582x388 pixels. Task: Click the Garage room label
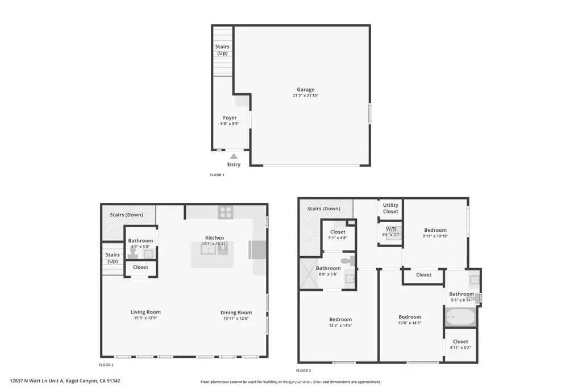305,90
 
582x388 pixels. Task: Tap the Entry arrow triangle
234,156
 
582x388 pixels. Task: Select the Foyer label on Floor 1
230,118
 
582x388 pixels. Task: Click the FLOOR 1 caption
217,175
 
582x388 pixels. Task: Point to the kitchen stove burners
226,212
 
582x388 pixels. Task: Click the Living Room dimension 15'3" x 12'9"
145,318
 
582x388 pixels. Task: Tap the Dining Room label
236,312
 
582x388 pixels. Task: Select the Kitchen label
214,237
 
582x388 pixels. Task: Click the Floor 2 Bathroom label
140,241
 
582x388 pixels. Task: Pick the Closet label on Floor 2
140,267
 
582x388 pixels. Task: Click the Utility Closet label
390,208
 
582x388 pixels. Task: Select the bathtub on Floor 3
460,318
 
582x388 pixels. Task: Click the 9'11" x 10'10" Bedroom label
435,230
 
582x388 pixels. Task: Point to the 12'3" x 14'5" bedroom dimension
340,325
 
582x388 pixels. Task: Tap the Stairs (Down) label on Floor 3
323,208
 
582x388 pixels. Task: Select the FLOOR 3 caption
303,370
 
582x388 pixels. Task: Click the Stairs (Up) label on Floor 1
222,50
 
